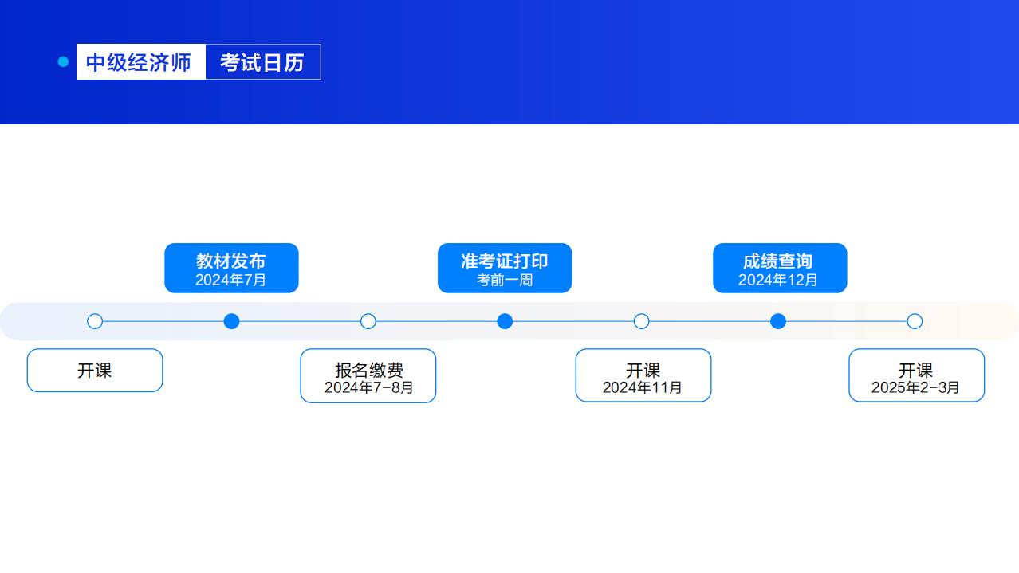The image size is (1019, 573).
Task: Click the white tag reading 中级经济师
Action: [x=140, y=62]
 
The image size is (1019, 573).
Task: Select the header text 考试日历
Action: [x=262, y=62]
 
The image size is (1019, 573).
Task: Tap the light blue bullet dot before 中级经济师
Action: [x=64, y=62]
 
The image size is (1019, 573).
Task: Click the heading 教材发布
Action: [x=230, y=261]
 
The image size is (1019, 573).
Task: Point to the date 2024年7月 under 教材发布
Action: [x=230, y=280]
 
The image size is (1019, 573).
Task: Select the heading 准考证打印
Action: [x=504, y=261]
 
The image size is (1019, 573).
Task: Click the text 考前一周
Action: [x=504, y=280]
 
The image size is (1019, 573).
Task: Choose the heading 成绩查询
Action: [x=778, y=261]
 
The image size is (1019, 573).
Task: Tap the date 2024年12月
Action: [x=778, y=280]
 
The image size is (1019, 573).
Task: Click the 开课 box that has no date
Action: [x=95, y=371]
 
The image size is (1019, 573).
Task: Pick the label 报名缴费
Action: [x=368, y=370]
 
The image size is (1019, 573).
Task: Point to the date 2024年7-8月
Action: [x=368, y=387]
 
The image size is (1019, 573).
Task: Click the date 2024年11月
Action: [x=643, y=387]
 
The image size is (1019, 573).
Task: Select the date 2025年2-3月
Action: [x=915, y=387]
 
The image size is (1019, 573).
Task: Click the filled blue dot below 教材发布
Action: [x=231, y=321]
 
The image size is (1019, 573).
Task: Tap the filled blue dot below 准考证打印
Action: [x=505, y=321]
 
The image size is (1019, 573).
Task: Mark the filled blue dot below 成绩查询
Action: [x=778, y=321]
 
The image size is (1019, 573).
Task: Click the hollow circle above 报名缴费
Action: [x=368, y=321]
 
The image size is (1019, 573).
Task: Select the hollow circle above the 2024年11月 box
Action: [x=642, y=321]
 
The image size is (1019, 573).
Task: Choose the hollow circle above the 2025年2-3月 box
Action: [x=915, y=321]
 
